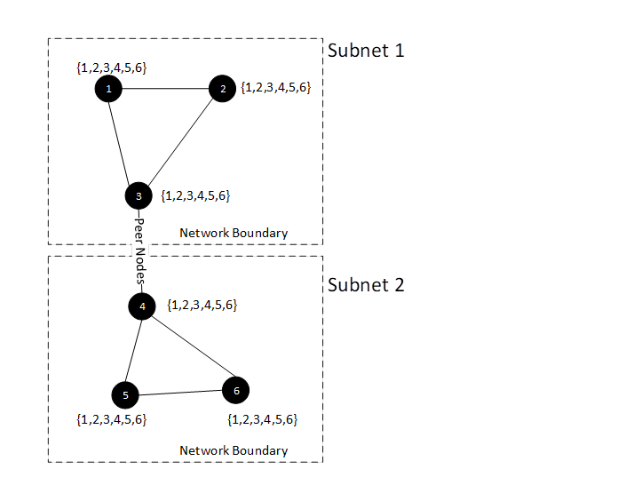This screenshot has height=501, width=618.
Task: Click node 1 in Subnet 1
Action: tap(107, 89)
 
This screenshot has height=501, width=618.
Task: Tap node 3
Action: tap(139, 195)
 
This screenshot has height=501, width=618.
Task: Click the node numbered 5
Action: tap(125, 395)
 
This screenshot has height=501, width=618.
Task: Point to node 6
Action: tap(235, 389)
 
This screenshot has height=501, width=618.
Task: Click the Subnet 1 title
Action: tap(366, 50)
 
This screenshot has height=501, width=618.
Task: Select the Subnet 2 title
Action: tap(366, 285)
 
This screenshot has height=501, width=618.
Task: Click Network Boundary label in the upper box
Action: tap(234, 233)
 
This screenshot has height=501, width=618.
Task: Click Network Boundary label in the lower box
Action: tap(234, 450)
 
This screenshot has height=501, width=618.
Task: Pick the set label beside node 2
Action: tap(276, 88)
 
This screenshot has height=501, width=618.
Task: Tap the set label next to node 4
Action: tap(202, 306)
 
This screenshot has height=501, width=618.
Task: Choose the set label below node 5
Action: tap(112, 419)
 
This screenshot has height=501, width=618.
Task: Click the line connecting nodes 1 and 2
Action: tap(164, 89)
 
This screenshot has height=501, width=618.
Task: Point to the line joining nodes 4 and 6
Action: tap(188, 347)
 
